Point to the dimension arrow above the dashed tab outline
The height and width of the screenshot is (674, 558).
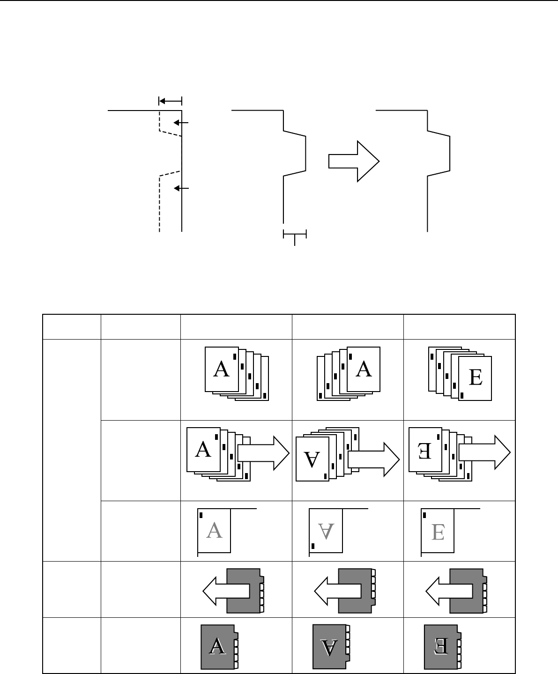[170, 101]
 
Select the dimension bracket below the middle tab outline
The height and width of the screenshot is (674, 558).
[295, 234]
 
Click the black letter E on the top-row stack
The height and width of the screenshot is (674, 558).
[475, 378]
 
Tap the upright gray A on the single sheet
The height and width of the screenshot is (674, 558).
[214, 531]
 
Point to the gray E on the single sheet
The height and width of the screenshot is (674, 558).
[438, 532]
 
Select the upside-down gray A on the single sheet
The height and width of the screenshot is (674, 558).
[326, 531]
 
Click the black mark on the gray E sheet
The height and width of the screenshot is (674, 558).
[424, 515]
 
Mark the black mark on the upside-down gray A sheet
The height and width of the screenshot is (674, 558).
[313, 546]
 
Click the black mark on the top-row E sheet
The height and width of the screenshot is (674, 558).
[462, 395]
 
